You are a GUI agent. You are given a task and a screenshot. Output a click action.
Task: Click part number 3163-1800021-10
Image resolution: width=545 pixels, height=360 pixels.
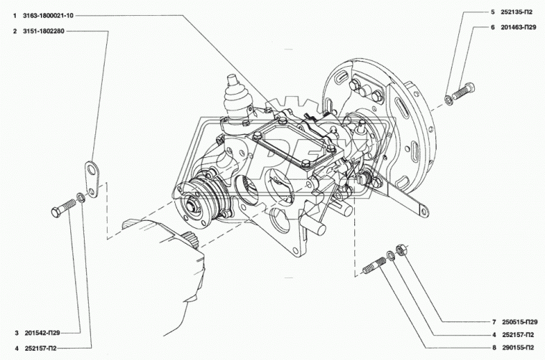click(48, 16)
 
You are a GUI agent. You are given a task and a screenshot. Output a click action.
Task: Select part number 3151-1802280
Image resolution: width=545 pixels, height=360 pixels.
click(44, 32)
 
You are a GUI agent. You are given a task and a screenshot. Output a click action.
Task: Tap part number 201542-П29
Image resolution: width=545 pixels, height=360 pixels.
click(42, 333)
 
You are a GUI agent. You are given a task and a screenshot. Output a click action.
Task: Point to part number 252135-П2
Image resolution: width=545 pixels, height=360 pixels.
click(516, 11)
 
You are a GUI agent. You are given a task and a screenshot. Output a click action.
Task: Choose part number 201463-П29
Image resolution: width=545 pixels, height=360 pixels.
click(518, 27)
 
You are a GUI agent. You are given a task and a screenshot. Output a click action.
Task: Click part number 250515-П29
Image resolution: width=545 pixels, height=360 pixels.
click(520, 322)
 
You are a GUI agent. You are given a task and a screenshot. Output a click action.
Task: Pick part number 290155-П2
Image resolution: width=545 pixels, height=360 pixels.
click(518, 348)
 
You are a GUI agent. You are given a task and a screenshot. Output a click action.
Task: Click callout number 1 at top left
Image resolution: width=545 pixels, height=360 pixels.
click(15, 16)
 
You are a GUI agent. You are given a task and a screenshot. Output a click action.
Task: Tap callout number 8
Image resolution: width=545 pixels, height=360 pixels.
click(494, 348)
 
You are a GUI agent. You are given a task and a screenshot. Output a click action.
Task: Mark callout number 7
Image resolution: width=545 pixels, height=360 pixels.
click(494, 322)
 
